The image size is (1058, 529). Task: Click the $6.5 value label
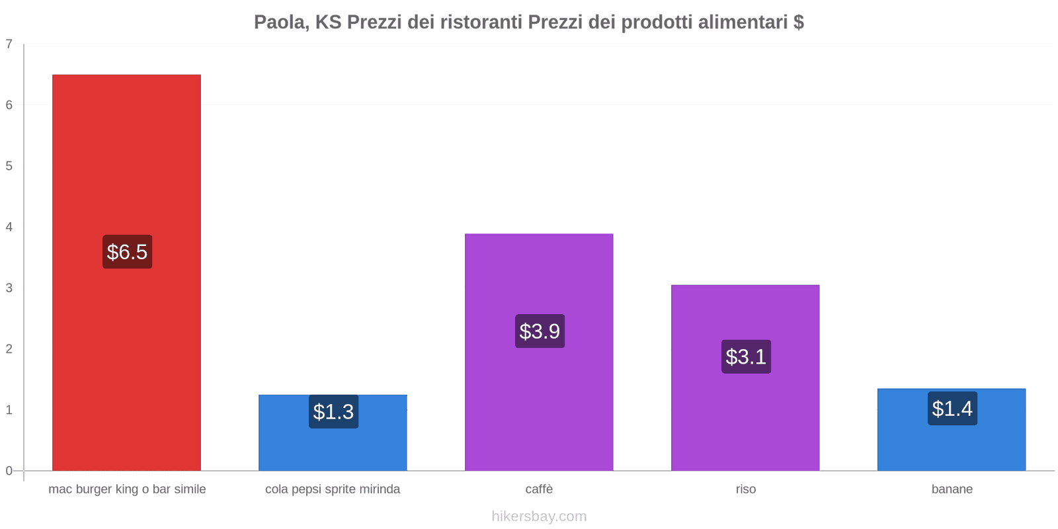127,252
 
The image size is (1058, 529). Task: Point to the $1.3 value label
333,412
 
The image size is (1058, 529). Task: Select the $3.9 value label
540,331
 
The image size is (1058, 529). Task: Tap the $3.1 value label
746,357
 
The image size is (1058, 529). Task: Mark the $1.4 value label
952,409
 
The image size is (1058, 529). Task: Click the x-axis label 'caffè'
539,489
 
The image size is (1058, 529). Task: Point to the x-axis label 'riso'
745,489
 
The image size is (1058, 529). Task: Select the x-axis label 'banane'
952,489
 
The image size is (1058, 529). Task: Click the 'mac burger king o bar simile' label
127,489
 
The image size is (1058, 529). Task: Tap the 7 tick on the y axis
9,44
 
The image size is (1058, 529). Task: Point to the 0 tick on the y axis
9,471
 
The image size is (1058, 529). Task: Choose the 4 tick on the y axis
9,227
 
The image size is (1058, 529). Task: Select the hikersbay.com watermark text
539,516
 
